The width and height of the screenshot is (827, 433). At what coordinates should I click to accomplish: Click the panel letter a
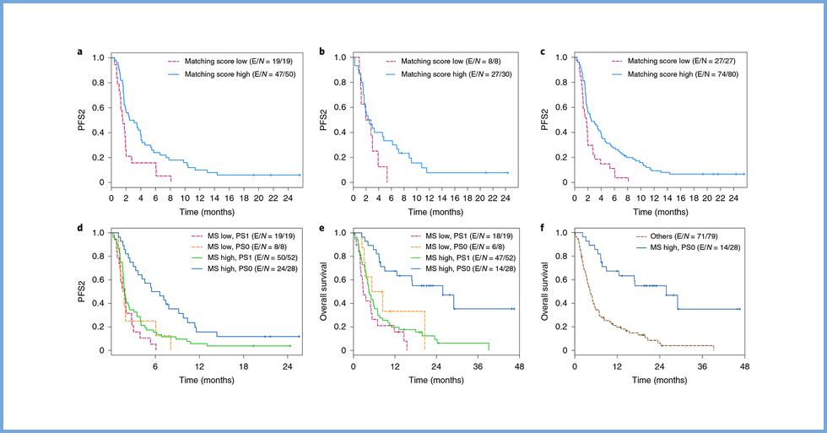(80, 52)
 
